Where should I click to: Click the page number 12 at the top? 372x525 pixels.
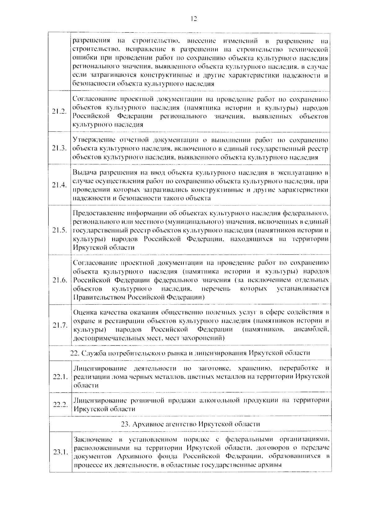click(193, 19)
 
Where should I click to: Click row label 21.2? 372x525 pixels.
click(60, 112)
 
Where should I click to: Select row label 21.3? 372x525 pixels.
click(60, 148)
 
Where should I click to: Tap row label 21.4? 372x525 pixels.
click(60, 185)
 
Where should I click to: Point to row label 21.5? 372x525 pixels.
click(60, 230)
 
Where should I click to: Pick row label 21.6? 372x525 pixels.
click(60, 280)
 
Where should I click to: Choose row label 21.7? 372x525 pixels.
click(60, 325)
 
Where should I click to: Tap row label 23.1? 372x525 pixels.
click(60, 452)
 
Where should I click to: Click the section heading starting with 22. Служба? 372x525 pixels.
click(190, 353)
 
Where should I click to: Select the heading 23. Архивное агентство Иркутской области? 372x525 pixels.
click(190, 424)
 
